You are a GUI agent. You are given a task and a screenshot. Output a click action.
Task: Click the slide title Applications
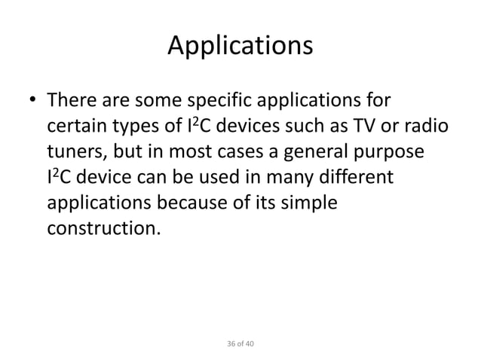click(x=240, y=47)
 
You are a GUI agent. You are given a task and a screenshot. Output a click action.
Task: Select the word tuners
click(x=76, y=151)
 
